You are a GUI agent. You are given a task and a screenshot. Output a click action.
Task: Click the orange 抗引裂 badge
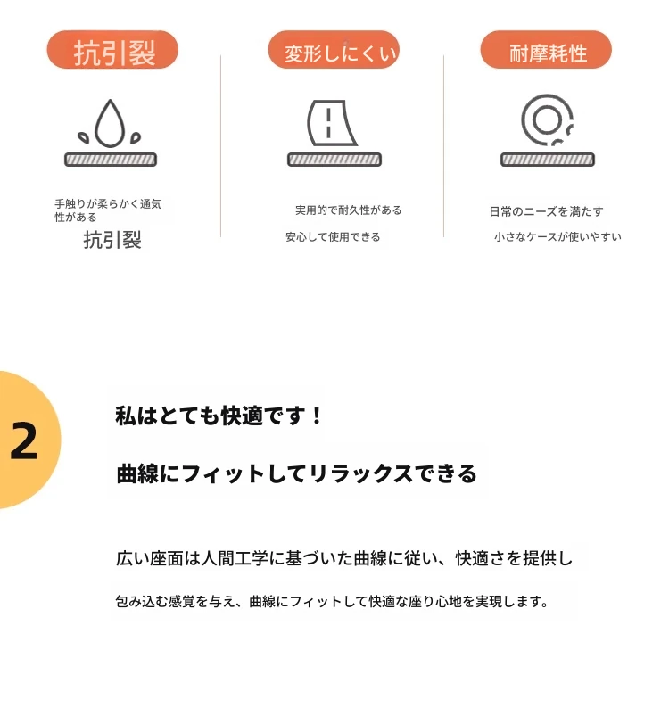(112, 50)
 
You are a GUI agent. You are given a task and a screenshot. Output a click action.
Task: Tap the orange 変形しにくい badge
(334, 50)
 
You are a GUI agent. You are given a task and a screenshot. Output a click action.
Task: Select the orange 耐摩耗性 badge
(546, 50)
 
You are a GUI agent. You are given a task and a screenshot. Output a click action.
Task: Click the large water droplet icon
(110, 123)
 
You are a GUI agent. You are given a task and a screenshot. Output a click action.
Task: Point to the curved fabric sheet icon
(330, 123)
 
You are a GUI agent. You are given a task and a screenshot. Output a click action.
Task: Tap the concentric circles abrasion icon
(547, 119)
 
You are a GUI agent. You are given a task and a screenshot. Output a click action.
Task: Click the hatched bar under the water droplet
(111, 160)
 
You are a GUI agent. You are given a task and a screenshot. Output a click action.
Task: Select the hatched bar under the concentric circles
(548, 160)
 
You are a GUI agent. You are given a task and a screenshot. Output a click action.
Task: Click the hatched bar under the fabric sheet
(334, 160)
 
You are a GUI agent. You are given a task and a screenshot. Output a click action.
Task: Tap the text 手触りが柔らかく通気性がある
(108, 210)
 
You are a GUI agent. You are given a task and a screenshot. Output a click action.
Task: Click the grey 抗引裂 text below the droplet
(112, 240)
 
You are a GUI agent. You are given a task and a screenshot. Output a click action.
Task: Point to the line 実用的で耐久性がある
(349, 210)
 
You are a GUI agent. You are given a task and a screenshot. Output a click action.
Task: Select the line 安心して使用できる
(333, 236)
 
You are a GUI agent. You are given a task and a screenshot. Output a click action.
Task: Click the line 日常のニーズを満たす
(546, 211)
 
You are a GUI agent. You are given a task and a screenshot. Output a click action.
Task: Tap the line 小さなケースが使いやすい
(557, 236)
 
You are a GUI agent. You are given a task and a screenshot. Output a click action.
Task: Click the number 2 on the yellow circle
(24, 440)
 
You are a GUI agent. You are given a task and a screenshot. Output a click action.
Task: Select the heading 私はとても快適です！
(219, 416)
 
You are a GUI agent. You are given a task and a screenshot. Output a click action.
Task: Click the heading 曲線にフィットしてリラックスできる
(297, 473)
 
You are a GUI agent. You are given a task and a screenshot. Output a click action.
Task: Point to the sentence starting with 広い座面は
(344, 558)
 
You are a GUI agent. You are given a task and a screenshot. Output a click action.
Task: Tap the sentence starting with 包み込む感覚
(332, 601)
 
